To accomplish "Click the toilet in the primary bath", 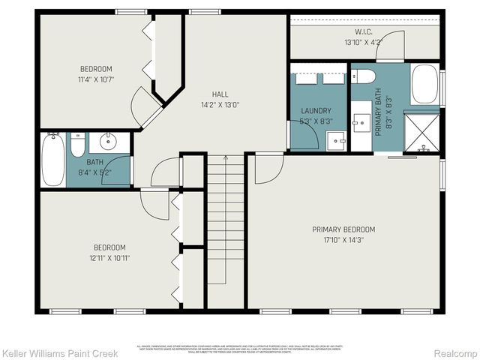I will click(x=364, y=76).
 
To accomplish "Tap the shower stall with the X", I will click(x=424, y=132).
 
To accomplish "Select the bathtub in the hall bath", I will click(x=52, y=159).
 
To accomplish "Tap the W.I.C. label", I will click(x=363, y=32).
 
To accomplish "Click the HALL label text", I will click(x=220, y=94).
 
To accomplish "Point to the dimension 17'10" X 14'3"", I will click(x=343, y=240).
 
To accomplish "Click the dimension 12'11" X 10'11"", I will click(x=109, y=258).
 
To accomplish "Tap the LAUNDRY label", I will click(x=310, y=111).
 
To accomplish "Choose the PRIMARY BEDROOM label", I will click(x=343, y=229).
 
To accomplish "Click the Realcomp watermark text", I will click(x=454, y=352).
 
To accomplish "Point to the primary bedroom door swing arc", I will click(x=265, y=171).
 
